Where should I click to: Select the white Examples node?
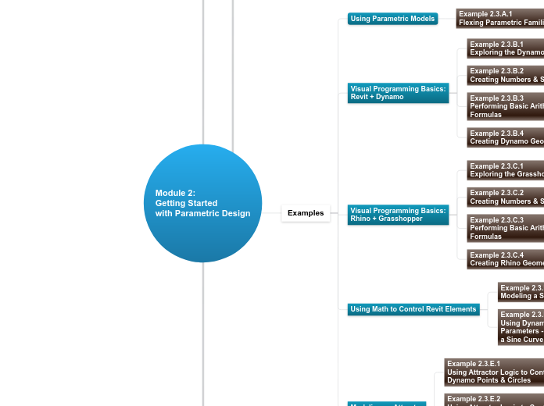tap(306, 213)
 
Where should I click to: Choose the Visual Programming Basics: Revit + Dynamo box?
tap(399, 93)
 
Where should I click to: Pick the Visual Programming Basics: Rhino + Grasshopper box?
tap(399, 215)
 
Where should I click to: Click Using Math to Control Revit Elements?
tap(413, 309)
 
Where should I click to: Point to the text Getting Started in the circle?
tap(186, 203)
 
